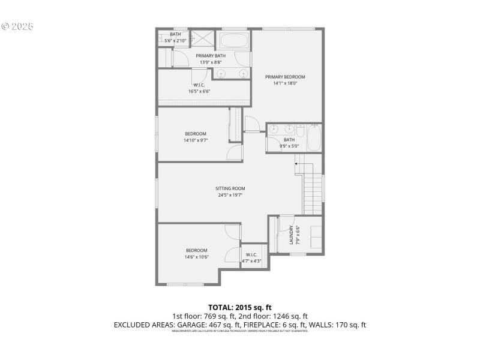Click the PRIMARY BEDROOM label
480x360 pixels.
pyautogui.click(x=286, y=77)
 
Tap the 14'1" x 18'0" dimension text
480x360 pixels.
pyautogui.click(x=286, y=83)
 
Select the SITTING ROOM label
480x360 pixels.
pyautogui.click(x=230, y=188)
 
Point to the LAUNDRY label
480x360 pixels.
pyautogui.click(x=291, y=235)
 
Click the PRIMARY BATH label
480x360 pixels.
pyautogui.click(x=211, y=56)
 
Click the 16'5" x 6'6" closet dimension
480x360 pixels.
pyautogui.click(x=199, y=91)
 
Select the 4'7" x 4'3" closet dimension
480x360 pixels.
pyautogui.click(x=251, y=260)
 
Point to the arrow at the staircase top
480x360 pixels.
pyautogui.click(x=296, y=163)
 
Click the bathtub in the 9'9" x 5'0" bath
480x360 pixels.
pyautogui.click(x=314, y=138)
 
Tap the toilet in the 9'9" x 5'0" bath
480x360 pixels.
pyautogui.click(x=300, y=129)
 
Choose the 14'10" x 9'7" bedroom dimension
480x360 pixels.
pyautogui.click(x=196, y=140)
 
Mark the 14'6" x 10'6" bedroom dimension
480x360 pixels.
pyautogui.click(x=196, y=257)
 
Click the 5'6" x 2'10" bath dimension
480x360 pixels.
pyautogui.click(x=175, y=40)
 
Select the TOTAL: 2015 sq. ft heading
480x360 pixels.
pyautogui.click(x=239, y=308)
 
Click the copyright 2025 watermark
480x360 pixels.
pyautogui.click(x=17, y=26)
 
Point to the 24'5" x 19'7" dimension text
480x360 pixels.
pyautogui.click(x=230, y=195)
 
